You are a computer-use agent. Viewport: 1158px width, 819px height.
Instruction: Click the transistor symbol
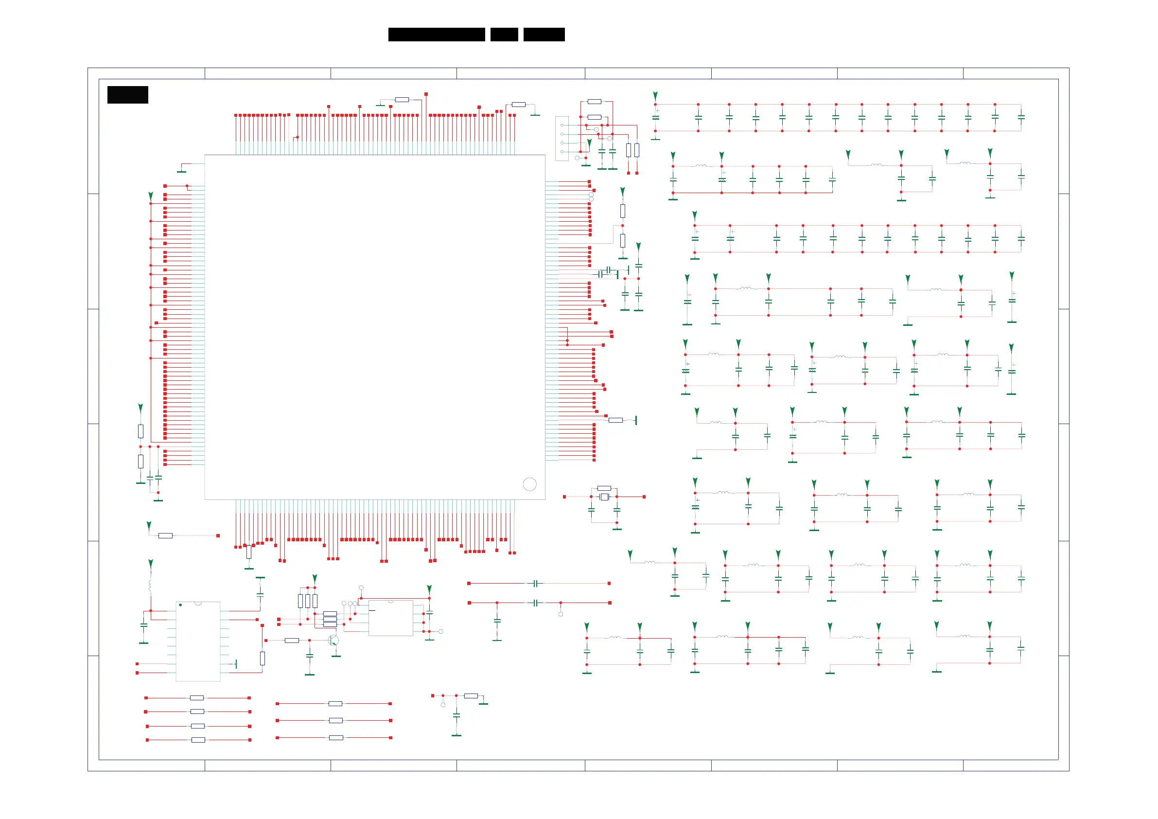pos(333,641)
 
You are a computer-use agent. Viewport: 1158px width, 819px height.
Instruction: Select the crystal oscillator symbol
pos(604,497)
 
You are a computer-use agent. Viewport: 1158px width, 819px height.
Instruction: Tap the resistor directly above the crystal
pos(604,488)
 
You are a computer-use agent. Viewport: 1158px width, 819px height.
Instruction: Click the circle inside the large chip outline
pos(529,484)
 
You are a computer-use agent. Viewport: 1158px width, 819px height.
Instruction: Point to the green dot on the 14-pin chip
pos(180,605)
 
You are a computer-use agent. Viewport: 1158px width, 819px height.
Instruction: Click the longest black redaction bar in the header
pos(436,35)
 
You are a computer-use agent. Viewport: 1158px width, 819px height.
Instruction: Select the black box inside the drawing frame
pos(127,95)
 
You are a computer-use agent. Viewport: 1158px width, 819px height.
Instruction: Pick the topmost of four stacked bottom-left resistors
pos(197,698)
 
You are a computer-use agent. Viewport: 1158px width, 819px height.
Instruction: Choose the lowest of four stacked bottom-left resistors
pos(198,740)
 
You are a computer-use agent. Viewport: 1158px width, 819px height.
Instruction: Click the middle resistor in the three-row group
pos(335,721)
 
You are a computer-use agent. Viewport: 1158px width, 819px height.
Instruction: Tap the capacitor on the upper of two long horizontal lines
pos(536,583)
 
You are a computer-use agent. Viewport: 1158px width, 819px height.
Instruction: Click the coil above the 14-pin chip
pos(150,586)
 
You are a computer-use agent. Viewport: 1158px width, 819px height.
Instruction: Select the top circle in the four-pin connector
pos(562,125)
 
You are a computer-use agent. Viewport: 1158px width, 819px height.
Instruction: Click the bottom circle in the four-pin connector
pos(562,151)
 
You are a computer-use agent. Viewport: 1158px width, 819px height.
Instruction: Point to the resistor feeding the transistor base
pos(292,641)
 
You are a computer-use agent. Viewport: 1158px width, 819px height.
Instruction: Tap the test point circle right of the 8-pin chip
pos(440,631)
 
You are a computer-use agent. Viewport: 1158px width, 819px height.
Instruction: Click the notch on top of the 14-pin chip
pos(198,603)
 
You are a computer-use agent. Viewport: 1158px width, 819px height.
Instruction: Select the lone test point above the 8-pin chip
pos(361,588)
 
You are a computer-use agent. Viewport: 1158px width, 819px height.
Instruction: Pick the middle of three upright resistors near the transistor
pos(308,601)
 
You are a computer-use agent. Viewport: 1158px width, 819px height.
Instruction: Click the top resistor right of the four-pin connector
pos(594,102)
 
